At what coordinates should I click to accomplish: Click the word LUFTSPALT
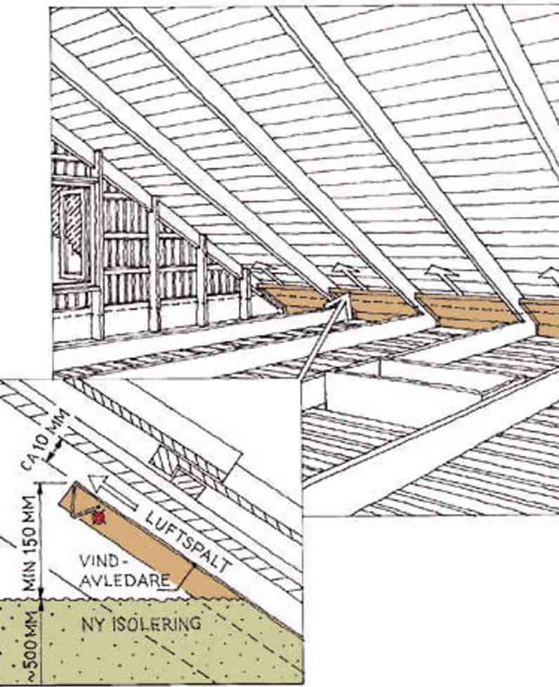tap(188, 542)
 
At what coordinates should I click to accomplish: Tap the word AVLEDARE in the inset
tap(126, 581)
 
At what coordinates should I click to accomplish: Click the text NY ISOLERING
tap(142, 624)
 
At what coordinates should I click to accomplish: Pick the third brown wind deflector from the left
tap(468, 310)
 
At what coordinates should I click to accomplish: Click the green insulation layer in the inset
tap(151, 641)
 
